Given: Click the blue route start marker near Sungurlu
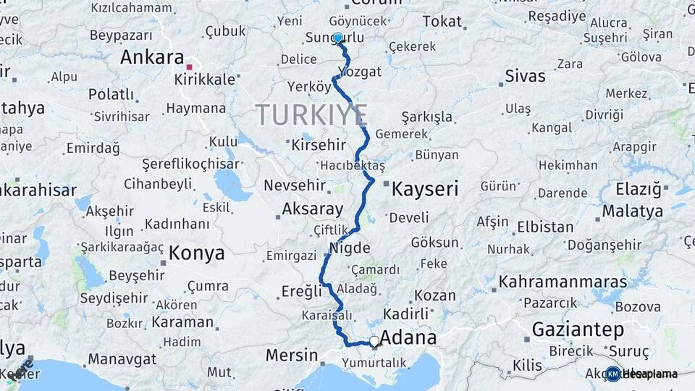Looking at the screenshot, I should [x=338, y=38].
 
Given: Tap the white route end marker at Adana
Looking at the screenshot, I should [x=374, y=341].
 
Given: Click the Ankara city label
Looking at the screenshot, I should [x=152, y=57].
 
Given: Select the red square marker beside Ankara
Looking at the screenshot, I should [x=190, y=67].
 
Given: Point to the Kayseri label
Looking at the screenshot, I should [x=425, y=190].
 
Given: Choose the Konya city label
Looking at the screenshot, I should [x=196, y=253].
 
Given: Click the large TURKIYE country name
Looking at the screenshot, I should [x=311, y=115].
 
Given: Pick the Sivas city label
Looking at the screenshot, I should [x=525, y=75].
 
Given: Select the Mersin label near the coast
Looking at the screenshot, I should [x=292, y=356].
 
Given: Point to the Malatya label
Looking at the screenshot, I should [x=632, y=211].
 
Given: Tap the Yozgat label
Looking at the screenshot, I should [x=359, y=72].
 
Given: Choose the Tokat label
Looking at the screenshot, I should [x=442, y=22].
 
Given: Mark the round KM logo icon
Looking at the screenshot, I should [x=613, y=374].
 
